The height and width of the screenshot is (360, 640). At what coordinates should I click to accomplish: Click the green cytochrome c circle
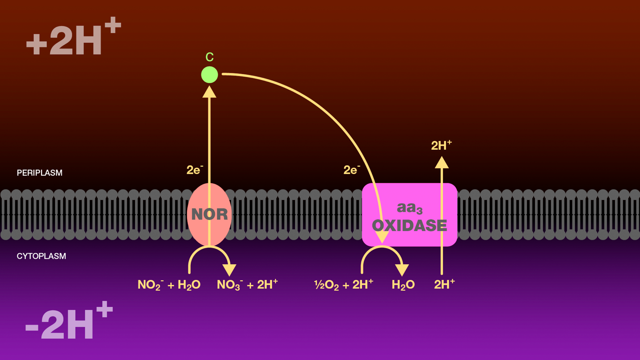pyautogui.click(x=209, y=75)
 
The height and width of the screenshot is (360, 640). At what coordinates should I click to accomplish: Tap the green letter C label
pyautogui.click(x=209, y=57)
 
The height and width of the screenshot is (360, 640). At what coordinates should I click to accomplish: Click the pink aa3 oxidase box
pyautogui.click(x=409, y=215)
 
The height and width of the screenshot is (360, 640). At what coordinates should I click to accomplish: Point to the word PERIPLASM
pyautogui.click(x=39, y=173)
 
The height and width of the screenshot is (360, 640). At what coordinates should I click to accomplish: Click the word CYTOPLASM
pyautogui.click(x=41, y=256)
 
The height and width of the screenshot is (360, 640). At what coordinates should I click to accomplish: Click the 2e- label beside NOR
pyautogui.click(x=195, y=170)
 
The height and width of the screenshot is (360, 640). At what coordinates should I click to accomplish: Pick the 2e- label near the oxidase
pyautogui.click(x=352, y=170)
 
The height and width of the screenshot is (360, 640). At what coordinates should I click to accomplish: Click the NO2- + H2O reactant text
pyautogui.click(x=169, y=285)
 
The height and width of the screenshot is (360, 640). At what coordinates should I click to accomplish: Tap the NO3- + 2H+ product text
pyautogui.click(x=247, y=284)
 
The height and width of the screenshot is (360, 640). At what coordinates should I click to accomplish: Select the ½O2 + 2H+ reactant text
pyautogui.click(x=344, y=284)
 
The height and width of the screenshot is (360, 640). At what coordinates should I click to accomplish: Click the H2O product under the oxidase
pyautogui.click(x=403, y=285)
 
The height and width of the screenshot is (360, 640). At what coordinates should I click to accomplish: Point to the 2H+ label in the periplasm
pyautogui.click(x=441, y=145)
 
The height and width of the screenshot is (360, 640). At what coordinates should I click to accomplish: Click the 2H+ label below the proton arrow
pyautogui.click(x=444, y=284)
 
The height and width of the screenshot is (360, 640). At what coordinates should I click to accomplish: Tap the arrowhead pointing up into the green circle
pyautogui.click(x=209, y=92)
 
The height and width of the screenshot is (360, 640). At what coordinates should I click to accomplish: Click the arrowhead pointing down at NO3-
pyautogui.click(x=229, y=270)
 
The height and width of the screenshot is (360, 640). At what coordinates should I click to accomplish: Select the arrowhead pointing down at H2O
pyautogui.click(x=402, y=270)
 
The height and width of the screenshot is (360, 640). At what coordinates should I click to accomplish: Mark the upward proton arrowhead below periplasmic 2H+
pyautogui.click(x=442, y=163)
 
